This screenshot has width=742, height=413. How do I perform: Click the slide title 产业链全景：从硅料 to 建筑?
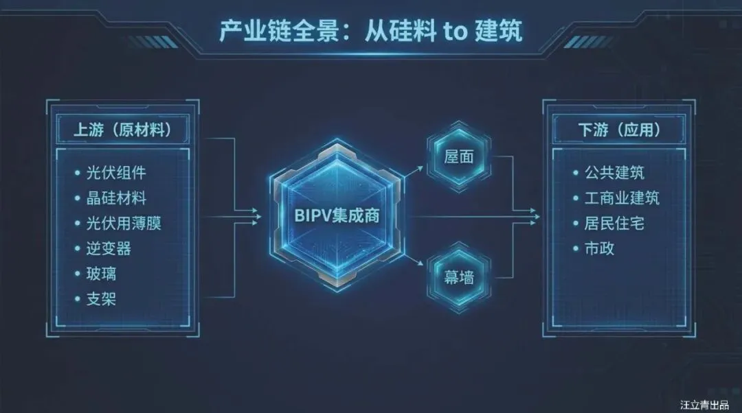[372, 31]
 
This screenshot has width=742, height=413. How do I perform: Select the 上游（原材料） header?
[122, 129]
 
